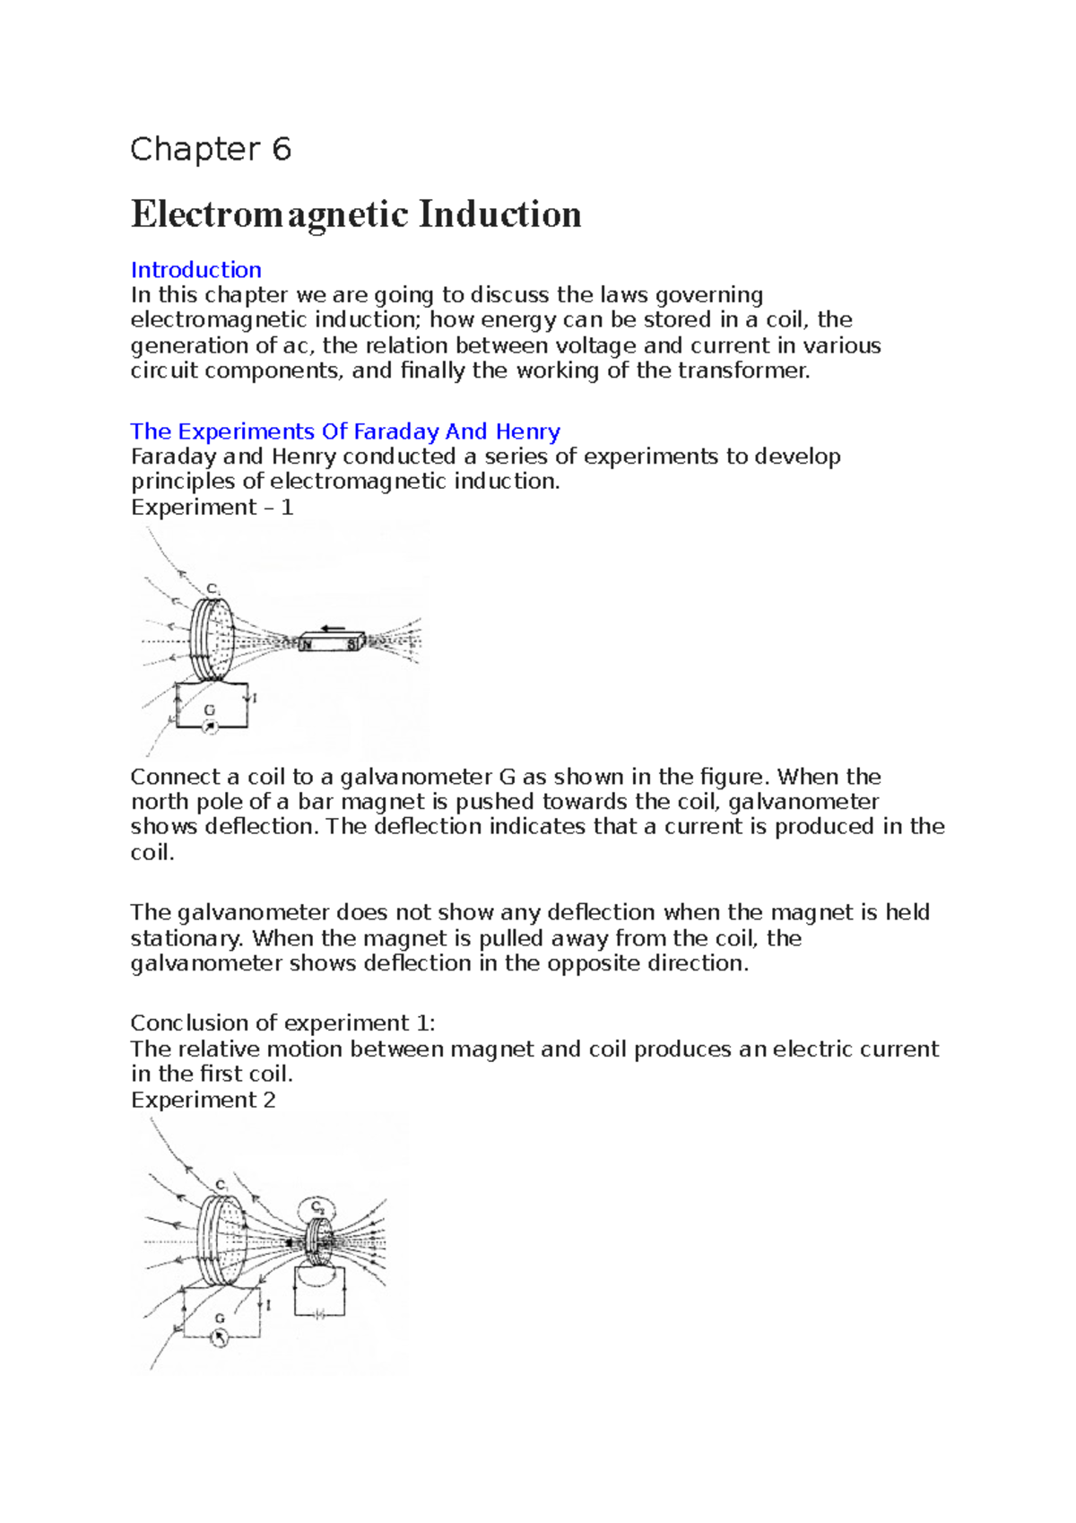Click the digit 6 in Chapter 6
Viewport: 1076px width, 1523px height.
tap(282, 149)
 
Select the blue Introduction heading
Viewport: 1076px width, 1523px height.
tap(195, 270)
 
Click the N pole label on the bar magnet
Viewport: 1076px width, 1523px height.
tap(308, 644)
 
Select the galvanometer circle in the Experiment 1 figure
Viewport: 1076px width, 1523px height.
tap(210, 727)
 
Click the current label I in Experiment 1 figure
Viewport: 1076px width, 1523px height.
tap(255, 698)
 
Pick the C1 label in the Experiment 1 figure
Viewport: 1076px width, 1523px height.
tap(213, 589)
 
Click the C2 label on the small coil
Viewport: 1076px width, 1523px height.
tap(317, 1207)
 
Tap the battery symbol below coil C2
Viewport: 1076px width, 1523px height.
tap(318, 1313)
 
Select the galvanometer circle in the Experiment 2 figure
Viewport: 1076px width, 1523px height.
tap(219, 1337)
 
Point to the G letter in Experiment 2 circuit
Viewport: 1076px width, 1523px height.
tap(220, 1318)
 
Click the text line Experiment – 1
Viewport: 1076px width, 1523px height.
tap(212, 508)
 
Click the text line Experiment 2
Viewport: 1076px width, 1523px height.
tap(203, 1101)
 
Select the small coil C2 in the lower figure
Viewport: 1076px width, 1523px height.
tap(317, 1241)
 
